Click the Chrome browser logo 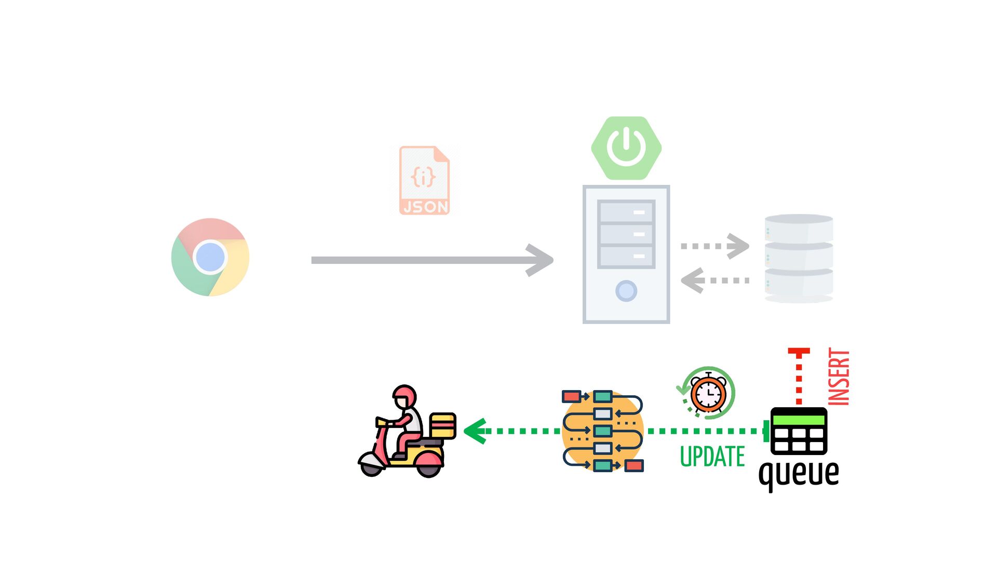210,257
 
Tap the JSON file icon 424,180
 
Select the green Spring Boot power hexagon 626,148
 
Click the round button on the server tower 626,291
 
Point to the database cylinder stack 799,258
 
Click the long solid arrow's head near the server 540,260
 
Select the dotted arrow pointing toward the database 716,246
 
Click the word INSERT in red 839,377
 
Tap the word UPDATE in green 712,457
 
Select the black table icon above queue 799,431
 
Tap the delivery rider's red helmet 405,396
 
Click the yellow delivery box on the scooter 443,425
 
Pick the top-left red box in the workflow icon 571,397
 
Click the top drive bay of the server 626,212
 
